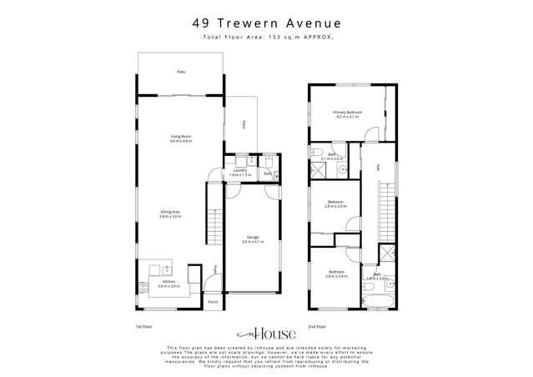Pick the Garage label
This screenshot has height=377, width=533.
(x=252, y=238)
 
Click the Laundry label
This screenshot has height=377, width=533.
(x=240, y=171)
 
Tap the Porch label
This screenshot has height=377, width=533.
(x=213, y=301)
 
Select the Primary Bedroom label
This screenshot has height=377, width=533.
(x=346, y=112)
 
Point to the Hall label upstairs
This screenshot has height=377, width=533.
(x=378, y=167)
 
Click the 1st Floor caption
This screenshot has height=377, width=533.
(x=143, y=326)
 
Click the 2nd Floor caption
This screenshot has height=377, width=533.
(x=316, y=326)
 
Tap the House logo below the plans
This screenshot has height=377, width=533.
(x=266, y=333)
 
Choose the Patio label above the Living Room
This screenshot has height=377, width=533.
(x=180, y=73)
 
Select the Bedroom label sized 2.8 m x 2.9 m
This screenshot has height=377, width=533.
(x=335, y=202)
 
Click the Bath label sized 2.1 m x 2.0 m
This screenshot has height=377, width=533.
(x=331, y=155)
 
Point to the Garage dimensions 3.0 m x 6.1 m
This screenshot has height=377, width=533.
(x=252, y=242)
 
